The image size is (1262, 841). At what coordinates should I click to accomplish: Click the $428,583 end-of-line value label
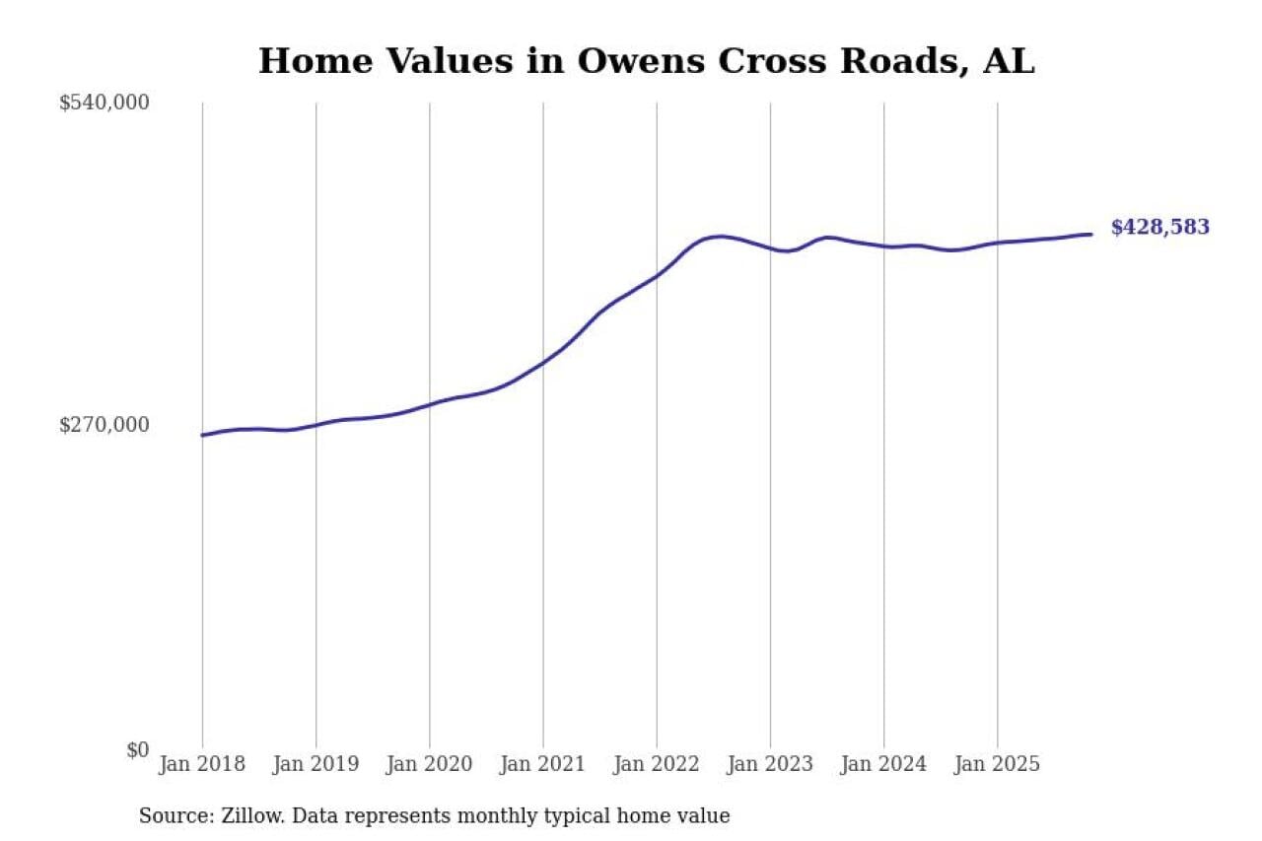(1159, 228)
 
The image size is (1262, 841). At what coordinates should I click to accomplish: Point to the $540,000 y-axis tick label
(105, 103)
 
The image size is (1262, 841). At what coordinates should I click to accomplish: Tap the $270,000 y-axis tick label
(105, 425)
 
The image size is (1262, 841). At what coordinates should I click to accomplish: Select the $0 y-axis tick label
(137, 749)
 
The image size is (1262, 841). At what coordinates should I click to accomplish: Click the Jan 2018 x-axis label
(202, 764)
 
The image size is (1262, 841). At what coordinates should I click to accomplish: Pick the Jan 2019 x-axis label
(315, 764)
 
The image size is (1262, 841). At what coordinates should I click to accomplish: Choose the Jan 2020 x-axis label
(429, 764)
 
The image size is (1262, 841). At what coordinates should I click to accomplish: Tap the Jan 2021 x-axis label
(542, 764)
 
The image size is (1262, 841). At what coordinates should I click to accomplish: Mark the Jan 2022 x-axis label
(657, 764)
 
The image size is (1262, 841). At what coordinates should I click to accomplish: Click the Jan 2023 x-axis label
(770, 764)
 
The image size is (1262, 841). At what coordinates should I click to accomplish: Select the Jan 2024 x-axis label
(883, 764)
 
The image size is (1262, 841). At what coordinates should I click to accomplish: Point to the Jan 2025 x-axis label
(997, 764)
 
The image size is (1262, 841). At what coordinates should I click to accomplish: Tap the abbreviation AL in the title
(1009, 61)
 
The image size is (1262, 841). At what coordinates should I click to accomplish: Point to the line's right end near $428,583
(1090, 234)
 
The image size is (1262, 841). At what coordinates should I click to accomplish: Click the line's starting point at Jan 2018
(203, 435)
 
